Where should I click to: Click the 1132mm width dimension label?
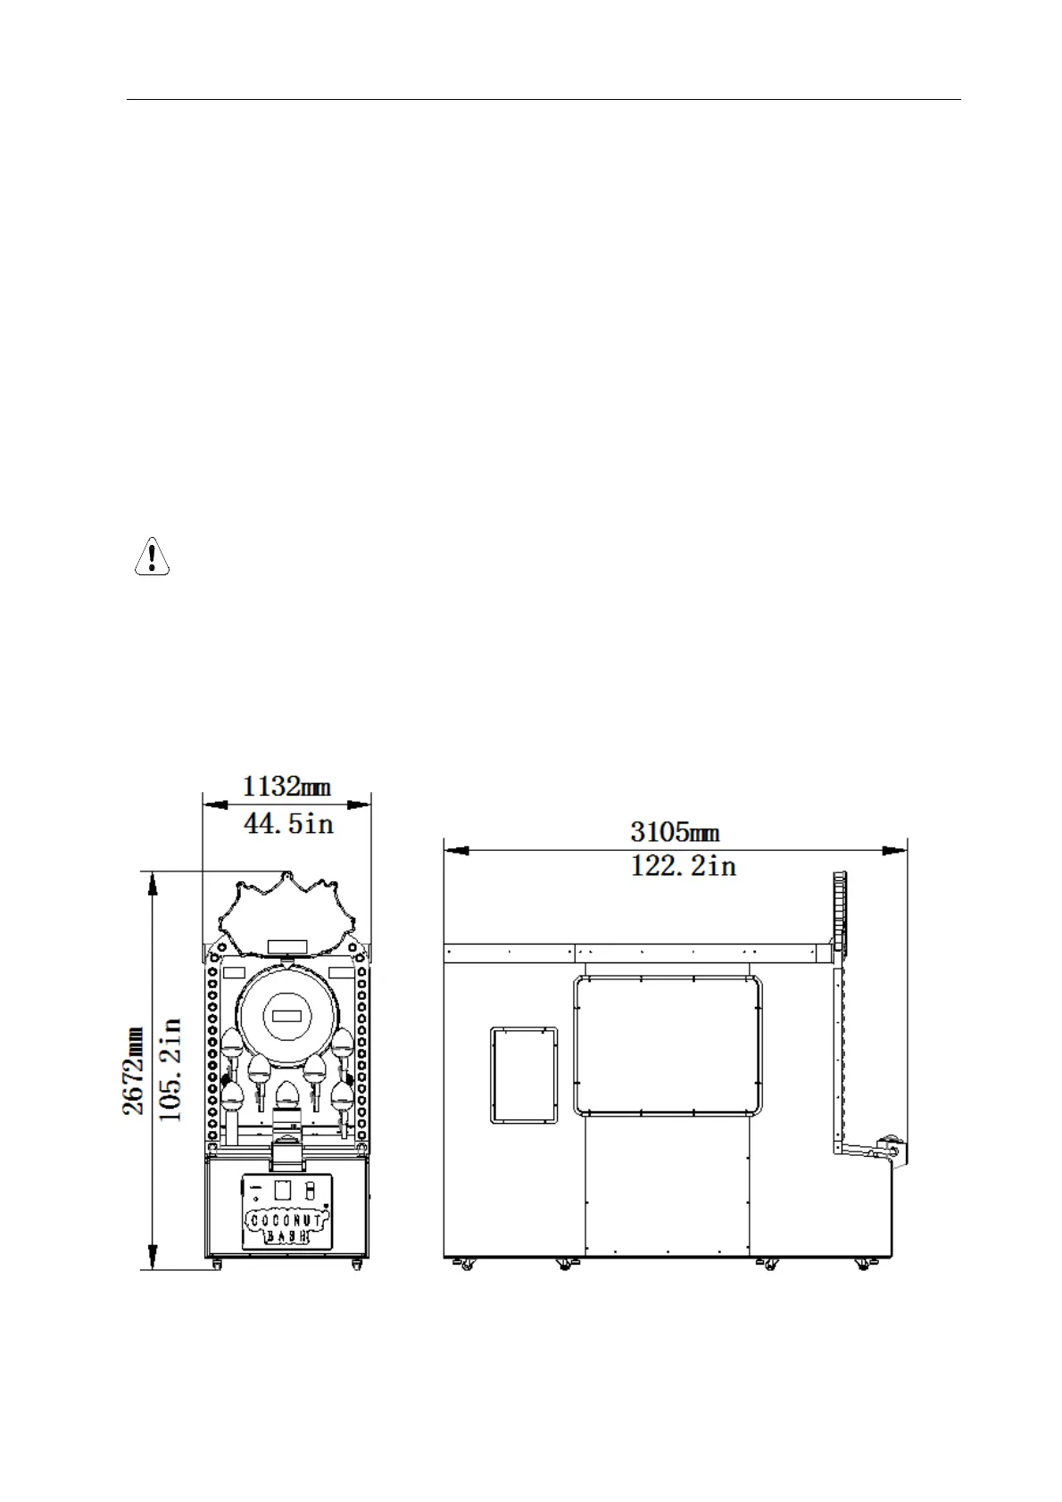tap(286, 787)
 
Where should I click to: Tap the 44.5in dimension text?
tap(288, 822)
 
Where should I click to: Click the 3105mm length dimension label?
tap(675, 833)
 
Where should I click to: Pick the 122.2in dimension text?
tap(683, 866)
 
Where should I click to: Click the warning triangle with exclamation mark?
tap(152, 557)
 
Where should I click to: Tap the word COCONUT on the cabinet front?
tap(286, 1218)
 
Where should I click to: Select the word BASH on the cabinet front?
tap(287, 1236)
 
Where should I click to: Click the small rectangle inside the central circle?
tap(286, 1014)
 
